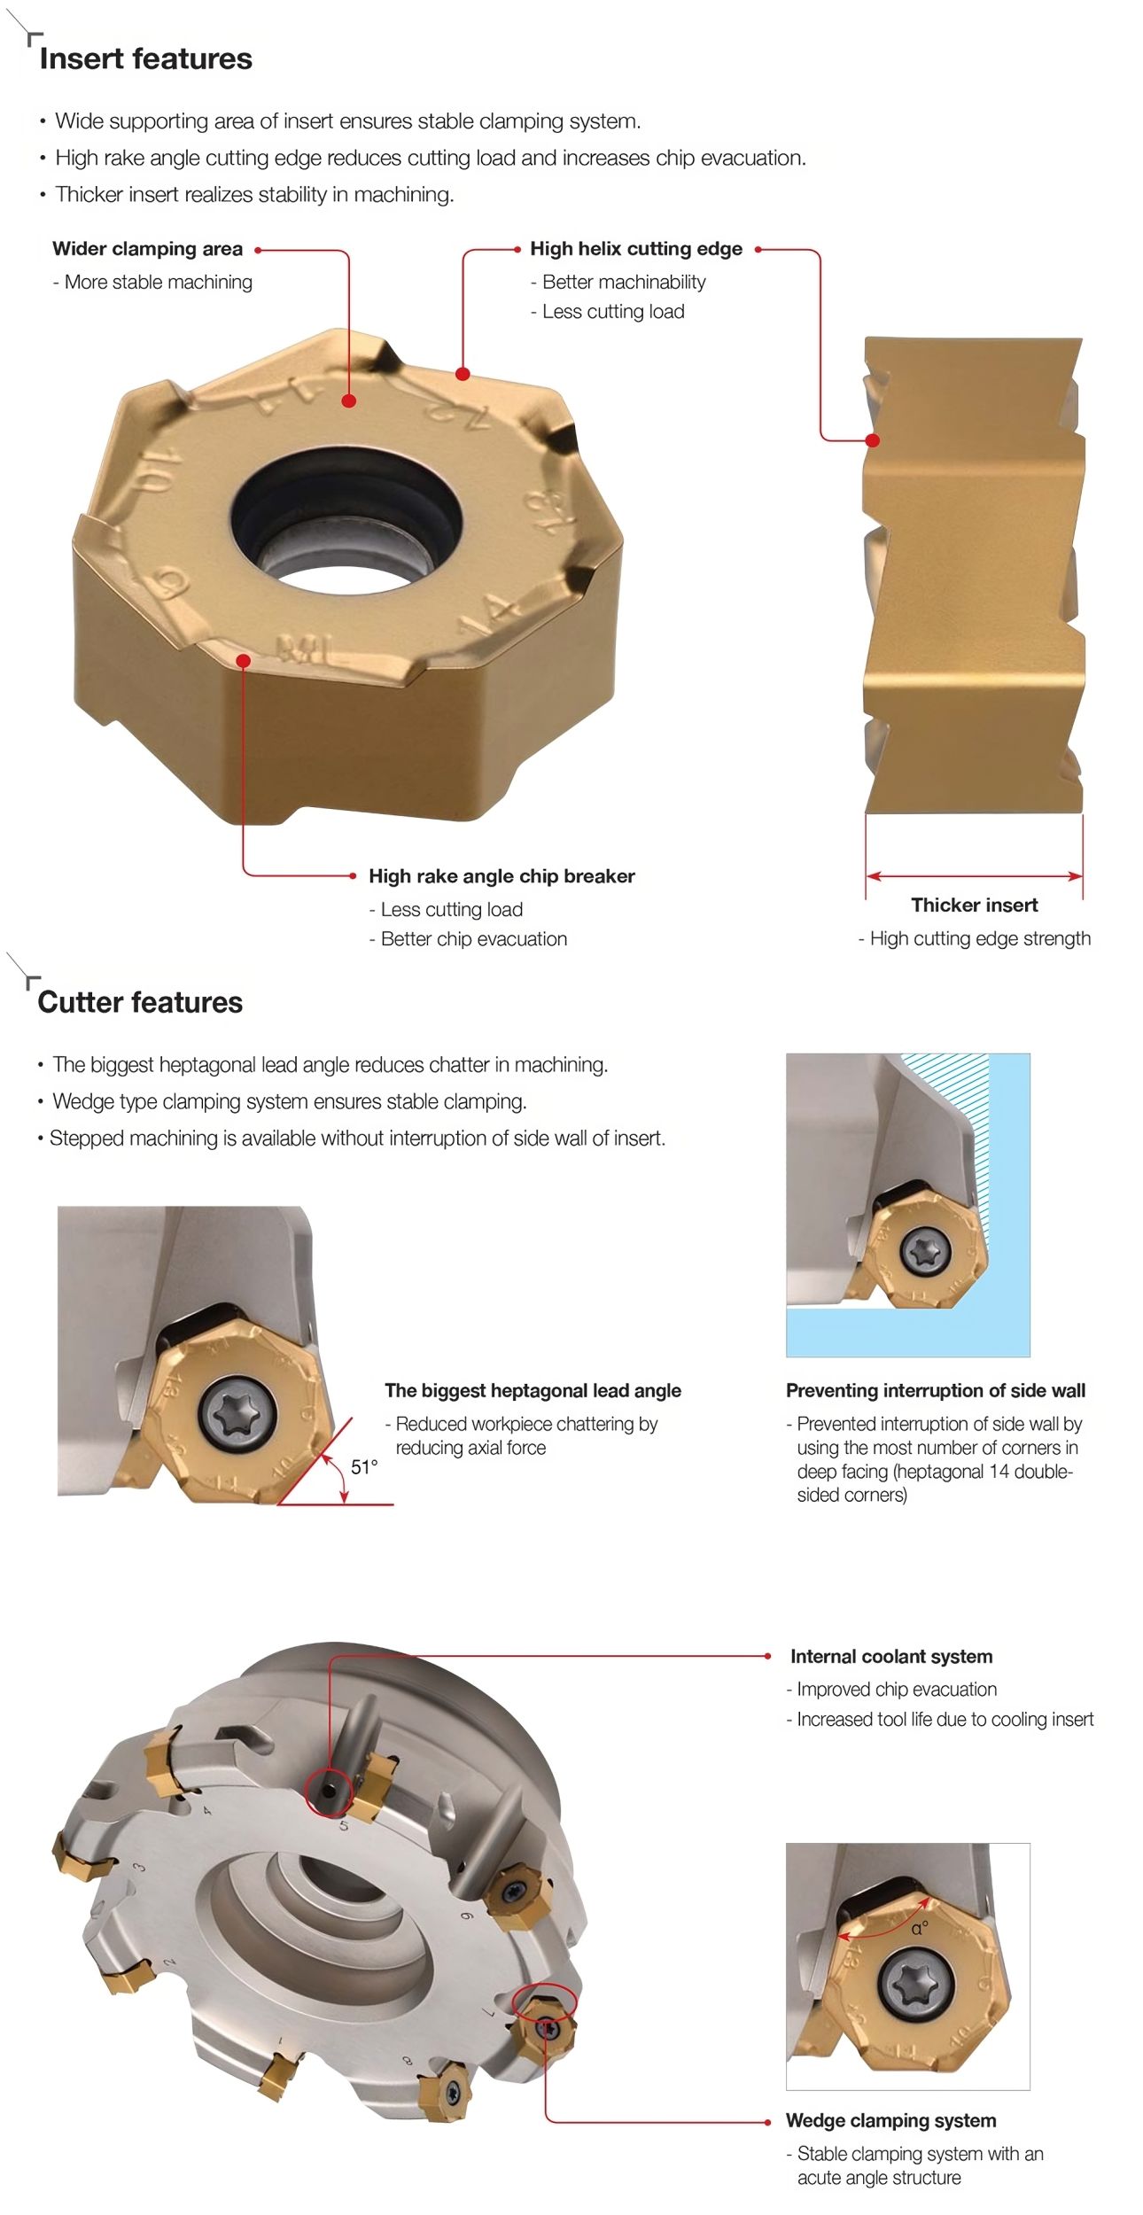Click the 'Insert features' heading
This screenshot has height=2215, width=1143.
(146, 58)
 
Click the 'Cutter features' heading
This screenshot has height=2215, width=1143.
(140, 1002)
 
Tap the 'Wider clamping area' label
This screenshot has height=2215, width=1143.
(147, 249)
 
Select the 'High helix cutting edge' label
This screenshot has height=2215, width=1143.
(636, 249)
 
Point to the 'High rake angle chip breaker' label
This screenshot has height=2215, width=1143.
(502, 876)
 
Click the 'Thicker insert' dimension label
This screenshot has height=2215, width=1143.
(975, 905)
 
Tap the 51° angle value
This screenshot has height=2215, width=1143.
(364, 1467)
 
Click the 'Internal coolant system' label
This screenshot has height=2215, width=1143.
(891, 1657)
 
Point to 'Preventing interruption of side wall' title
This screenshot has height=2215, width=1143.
(936, 1391)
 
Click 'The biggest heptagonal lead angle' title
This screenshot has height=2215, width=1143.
(533, 1391)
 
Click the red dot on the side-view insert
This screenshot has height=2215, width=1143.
(873, 440)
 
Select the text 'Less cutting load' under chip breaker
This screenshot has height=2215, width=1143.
(452, 909)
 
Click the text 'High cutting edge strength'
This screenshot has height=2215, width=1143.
(980, 938)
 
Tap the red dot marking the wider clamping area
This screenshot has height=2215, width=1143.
(349, 400)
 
